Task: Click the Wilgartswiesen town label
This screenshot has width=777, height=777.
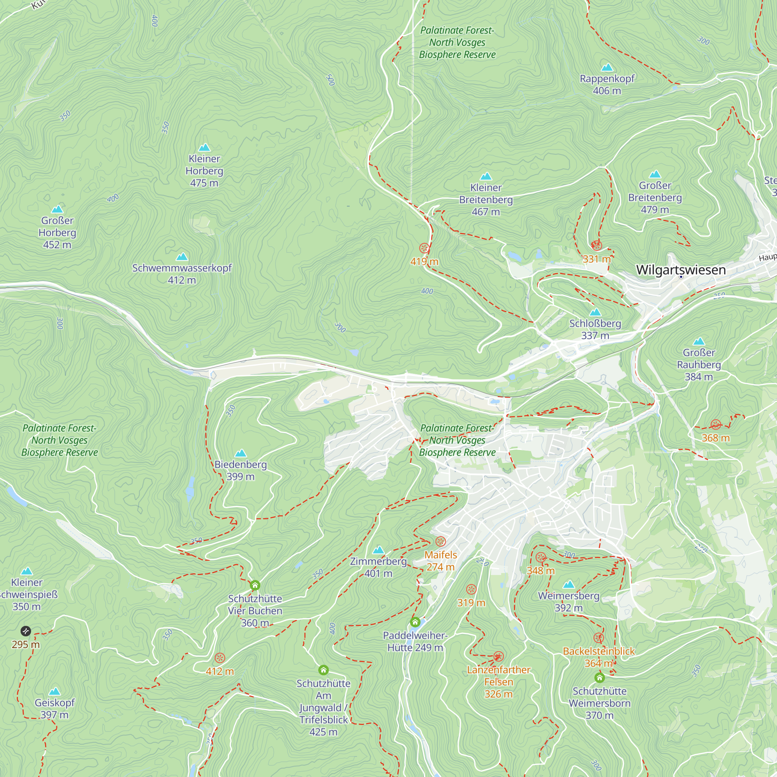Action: click(681, 270)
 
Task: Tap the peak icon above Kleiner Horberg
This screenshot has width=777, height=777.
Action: click(204, 148)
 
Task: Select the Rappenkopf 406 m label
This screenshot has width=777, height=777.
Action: click(607, 84)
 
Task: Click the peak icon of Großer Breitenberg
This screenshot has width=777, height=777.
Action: click(655, 174)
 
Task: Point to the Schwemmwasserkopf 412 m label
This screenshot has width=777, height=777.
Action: click(182, 274)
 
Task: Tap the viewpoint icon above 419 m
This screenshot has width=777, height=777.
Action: click(424, 248)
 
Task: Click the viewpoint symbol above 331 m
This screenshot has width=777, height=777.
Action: click(596, 245)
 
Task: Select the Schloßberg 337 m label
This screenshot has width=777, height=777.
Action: click(595, 329)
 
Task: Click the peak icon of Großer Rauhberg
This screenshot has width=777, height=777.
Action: click(699, 341)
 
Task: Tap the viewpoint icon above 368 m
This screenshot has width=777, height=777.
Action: click(716, 424)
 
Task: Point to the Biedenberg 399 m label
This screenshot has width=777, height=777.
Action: click(240, 470)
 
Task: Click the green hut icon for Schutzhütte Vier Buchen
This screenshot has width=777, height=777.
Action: click(255, 585)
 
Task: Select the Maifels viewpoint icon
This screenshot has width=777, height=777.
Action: click(441, 541)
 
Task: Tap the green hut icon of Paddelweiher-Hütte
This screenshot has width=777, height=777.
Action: click(415, 622)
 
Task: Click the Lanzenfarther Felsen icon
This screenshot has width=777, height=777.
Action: click(498, 656)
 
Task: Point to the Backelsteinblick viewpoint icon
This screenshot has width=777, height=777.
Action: click(599, 638)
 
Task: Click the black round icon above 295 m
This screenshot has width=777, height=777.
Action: click(26, 631)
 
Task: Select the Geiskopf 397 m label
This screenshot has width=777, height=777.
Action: click(55, 709)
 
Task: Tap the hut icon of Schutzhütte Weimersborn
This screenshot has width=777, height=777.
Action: click(599, 678)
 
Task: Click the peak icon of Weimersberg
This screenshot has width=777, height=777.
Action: click(569, 584)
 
